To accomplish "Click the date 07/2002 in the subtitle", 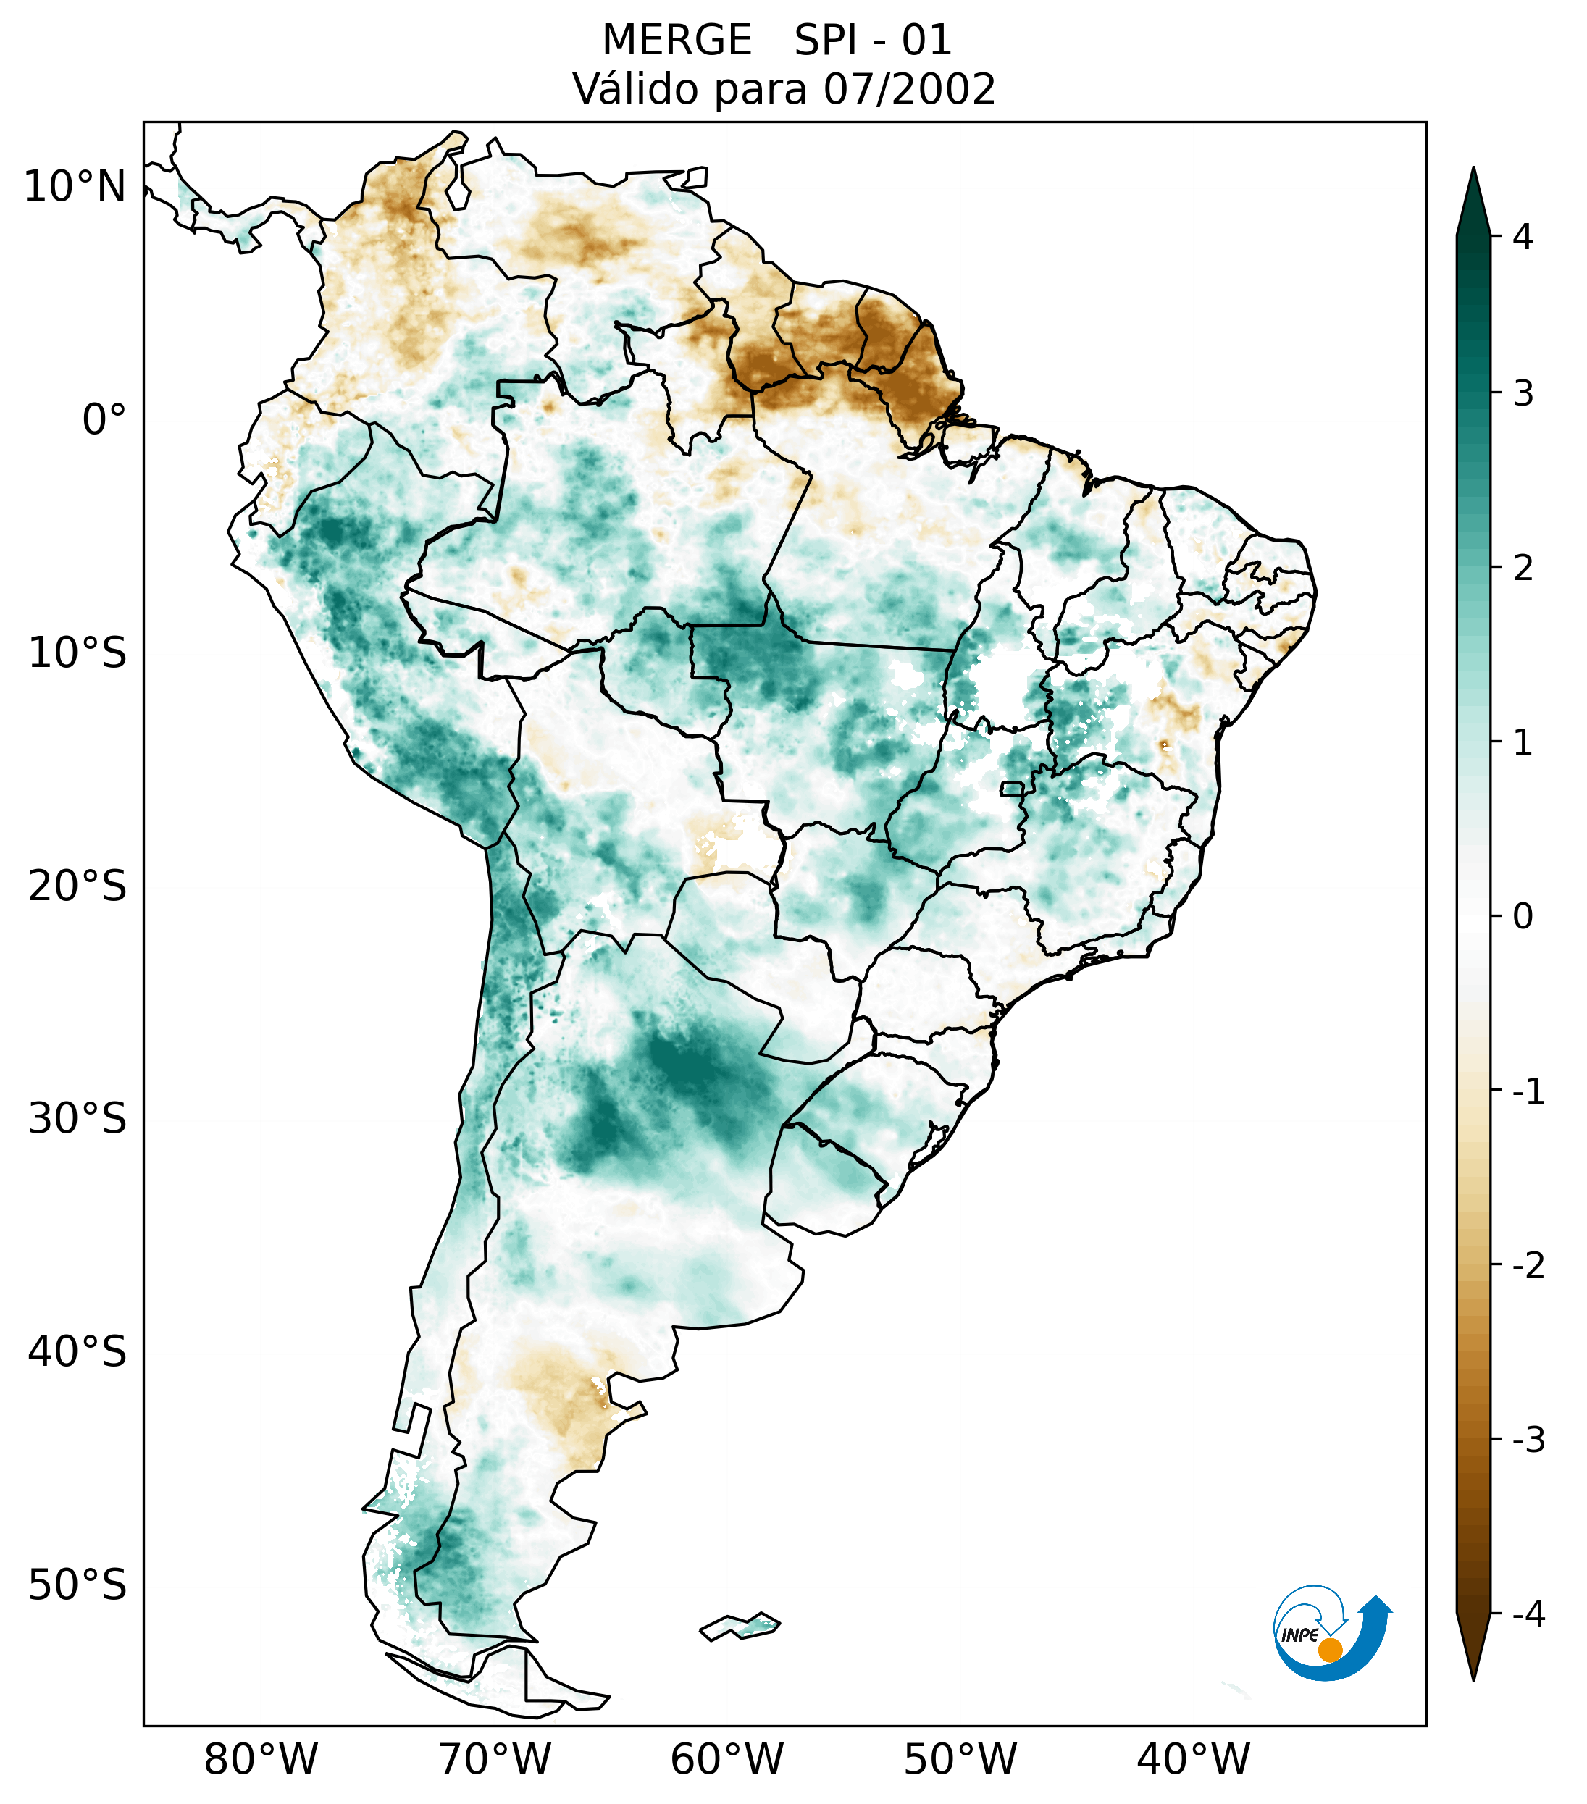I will [x=909, y=89].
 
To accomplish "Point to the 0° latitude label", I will [x=104, y=420].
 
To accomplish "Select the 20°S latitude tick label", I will [x=78, y=886].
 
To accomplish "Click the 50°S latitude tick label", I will [x=78, y=1585].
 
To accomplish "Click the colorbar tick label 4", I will [x=1523, y=237].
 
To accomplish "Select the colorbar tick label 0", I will [x=1523, y=917].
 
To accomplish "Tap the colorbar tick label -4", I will [x=1528, y=1614].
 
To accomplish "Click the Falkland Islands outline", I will [x=740, y=1626].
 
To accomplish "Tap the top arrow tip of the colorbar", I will [x=1473, y=169].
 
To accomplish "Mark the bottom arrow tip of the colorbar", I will [x=1473, y=1679].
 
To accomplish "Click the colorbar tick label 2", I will [x=1523, y=569].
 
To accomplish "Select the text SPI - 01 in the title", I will [x=873, y=41].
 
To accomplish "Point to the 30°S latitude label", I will [x=78, y=1119].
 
